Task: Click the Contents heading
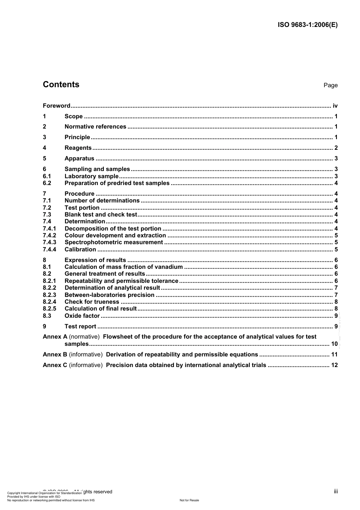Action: pyautogui.click(x=61, y=85)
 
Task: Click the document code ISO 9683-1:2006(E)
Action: pyautogui.click(x=308, y=25)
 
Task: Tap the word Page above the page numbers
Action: pyautogui.click(x=330, y=85)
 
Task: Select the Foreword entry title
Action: pyautogui.click(x=56, y=106)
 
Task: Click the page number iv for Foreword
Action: pyautogui.click(x=335, y=106)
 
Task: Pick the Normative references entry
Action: pyautogui.click(x=95, y=127)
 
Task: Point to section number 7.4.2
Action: pyautogui.click(x=49, y=235)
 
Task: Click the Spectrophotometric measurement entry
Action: pyautogui.click(x=114, y=242)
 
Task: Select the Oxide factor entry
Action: pyautogui.click(x=82, y=316)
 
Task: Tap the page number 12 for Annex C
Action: pyautogui.click(x=334, y=365)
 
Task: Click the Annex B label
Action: pyautogui.click(x=55, y=355)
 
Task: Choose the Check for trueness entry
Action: pyautogui.click(x=92, y=302)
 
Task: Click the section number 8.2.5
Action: pyautogui.click(x=49, y=309)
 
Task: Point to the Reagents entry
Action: pyautogui.click(x=78, y=148)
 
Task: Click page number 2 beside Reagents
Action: pyautogui.click(x=336, y=148)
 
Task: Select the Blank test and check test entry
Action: pyautogui.click(x=101, y=215)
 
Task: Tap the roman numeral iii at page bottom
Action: pyautogui.click(x=336, y=491)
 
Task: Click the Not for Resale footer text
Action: pyautogui.click(x=189, y=500)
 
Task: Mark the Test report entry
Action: pyautogui.click(x=80, y=326)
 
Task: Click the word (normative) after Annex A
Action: pyautogui.click(x=84, y=337)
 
